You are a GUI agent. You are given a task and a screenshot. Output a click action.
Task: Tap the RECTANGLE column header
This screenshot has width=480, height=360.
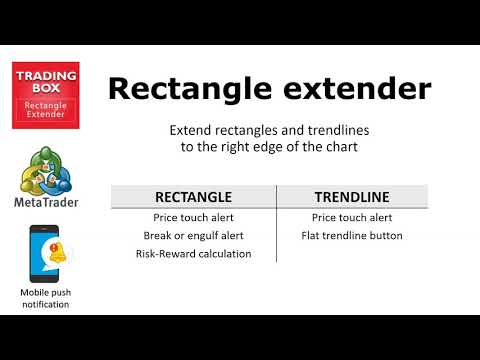point(193,197)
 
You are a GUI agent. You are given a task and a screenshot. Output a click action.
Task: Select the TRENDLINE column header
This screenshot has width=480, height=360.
point(351,197)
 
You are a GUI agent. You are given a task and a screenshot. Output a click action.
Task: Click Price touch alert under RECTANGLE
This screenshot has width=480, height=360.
point(193,217)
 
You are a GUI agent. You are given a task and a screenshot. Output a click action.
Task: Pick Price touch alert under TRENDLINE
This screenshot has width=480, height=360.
point(351,217)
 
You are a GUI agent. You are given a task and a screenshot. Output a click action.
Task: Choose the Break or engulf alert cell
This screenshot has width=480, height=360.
point(193,236)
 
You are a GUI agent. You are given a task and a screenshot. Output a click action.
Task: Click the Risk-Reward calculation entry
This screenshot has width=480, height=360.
point(193,254)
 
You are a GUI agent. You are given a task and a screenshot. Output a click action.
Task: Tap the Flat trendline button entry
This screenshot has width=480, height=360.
point(351,236)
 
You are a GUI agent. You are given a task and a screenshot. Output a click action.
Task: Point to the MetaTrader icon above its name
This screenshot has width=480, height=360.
point(45,171)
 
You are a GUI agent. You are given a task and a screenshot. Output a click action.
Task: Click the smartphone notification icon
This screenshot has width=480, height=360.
point(45,254)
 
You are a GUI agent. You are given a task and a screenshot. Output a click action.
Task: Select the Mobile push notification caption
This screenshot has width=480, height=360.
point(45,298)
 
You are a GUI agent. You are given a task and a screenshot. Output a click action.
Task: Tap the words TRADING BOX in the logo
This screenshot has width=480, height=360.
point(45,82)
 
